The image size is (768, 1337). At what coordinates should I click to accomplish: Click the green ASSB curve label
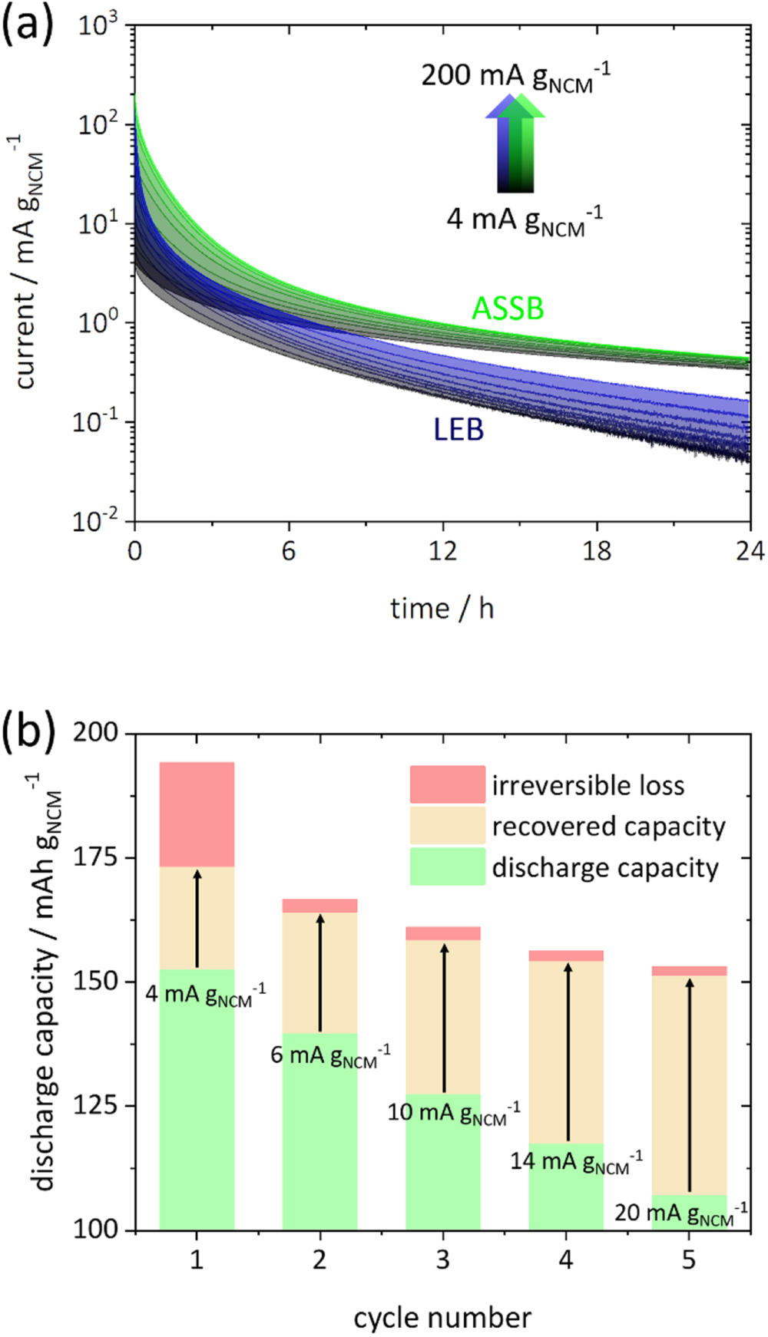(x=508, y=309)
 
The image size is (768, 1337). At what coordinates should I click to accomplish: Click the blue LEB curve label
(x=458, y=429)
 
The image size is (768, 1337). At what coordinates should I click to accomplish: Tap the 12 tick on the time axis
(x=442, y=550)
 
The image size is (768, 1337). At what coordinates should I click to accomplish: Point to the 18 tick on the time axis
(x=597, y=550)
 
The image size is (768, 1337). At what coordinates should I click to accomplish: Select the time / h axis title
(x=442, y=609)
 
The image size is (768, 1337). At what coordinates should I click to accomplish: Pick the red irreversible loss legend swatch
(x=447, y=784)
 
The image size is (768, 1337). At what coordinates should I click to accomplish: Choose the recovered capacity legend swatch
(x=447, y=826)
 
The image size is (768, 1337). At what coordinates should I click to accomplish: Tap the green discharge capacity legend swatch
(x=447, y=867)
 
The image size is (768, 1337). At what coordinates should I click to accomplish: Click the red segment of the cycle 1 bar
(x=197, y=814)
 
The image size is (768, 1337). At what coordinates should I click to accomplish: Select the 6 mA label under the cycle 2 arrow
(x=330, y=1056)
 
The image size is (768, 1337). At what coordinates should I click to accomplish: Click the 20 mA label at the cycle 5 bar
(x=680, y=1213)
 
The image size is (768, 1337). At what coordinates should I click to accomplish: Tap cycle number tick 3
(x=443, y=1259)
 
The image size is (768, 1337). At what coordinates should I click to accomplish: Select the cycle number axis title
(x=442, y=1318)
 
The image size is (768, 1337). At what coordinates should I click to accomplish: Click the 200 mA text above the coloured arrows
(x=515, y=77)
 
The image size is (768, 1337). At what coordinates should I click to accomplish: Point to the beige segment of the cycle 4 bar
(x=566, y=1051)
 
